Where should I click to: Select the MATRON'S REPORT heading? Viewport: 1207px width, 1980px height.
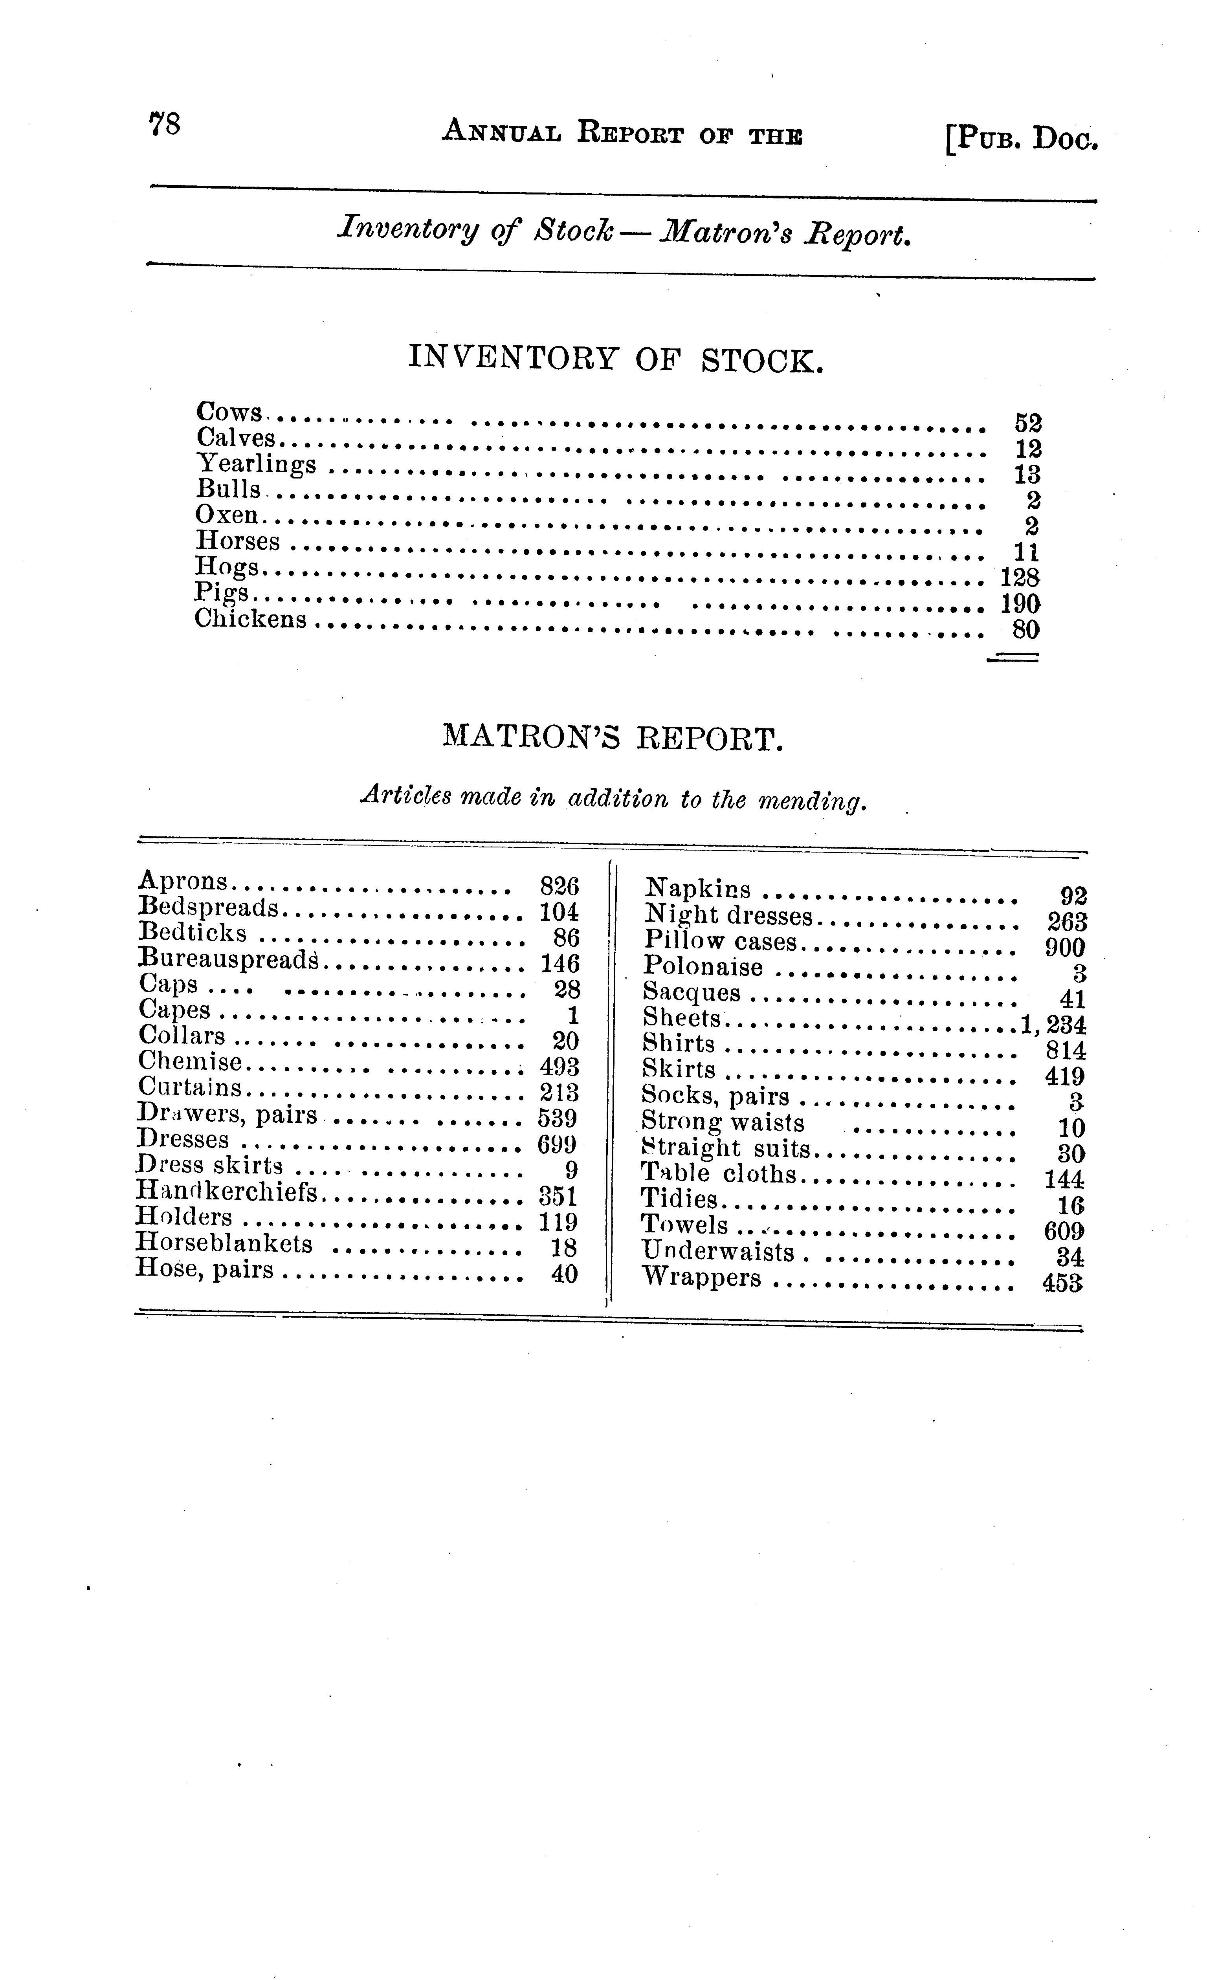pyautogui.click(x=612, y=737)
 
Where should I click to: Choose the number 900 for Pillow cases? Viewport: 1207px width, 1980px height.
pyautogui.click(x=1065, y=948)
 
